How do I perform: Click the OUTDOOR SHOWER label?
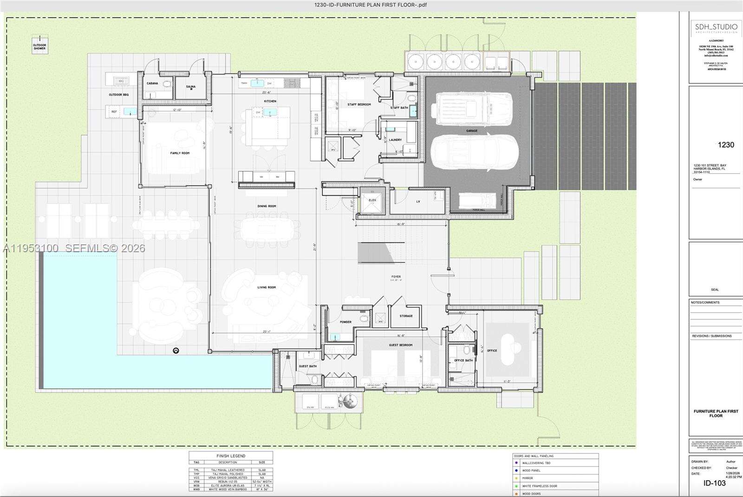(x=39, y=47)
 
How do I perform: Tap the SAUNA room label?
(x=191, y=86)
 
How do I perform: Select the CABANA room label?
(x=152, y=84)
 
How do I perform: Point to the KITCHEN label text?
(x=270, y=101)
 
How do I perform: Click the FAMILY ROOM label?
(x=180, y=153)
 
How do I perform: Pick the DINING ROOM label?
(x=267, y=206)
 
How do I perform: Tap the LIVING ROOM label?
(x=267, y=288)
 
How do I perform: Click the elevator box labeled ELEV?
(x=372, y=200)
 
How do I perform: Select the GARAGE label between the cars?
(x=472, y=131)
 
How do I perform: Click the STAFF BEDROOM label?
(x=359, y=105)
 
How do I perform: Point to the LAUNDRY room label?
(x=395, y=140)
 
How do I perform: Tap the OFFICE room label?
(x=492, y=351)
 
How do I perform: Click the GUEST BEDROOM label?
(x=400, y=345)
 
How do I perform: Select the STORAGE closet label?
(x=406, y=316)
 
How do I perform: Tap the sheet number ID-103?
(x=714, y=483)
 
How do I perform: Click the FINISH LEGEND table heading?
(x=231, y=456)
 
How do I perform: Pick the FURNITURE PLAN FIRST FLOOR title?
(x=716, y=413)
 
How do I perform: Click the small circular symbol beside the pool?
(x=176, y=351)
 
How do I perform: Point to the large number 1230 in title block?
(x=726, y=145)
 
